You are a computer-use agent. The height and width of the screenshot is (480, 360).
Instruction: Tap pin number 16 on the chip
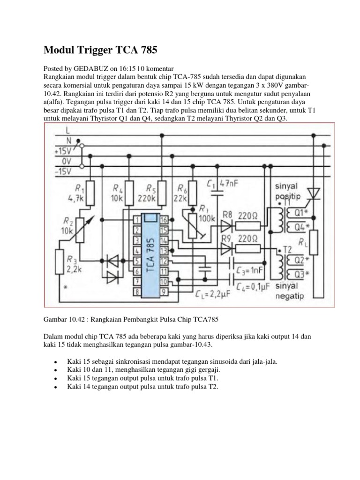164,219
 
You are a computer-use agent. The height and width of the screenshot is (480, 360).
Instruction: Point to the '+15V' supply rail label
63,150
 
